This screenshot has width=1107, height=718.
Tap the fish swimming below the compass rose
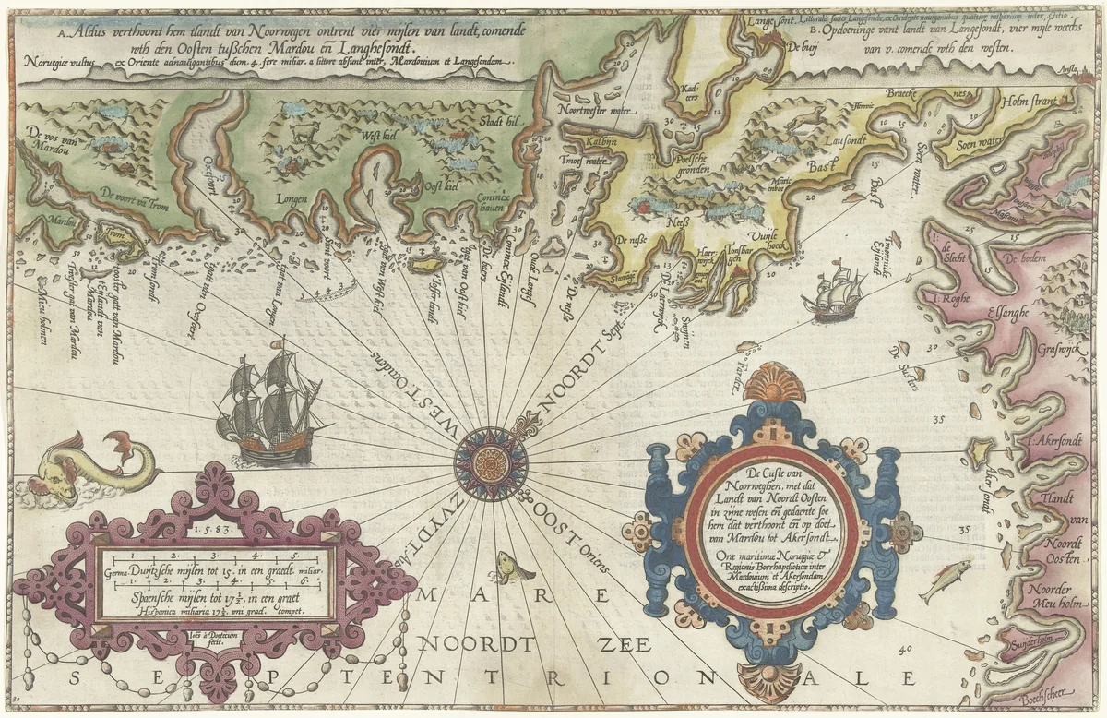point(511,566)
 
